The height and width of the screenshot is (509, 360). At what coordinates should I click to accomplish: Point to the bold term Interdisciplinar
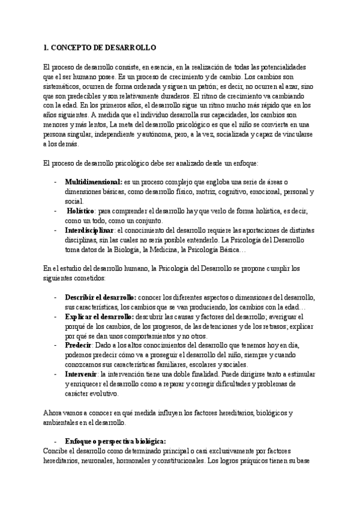pyautogui.click(x=89, y=230)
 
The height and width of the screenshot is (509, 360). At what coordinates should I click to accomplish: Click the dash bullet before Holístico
pyautogui.click(x=56, y=211)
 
